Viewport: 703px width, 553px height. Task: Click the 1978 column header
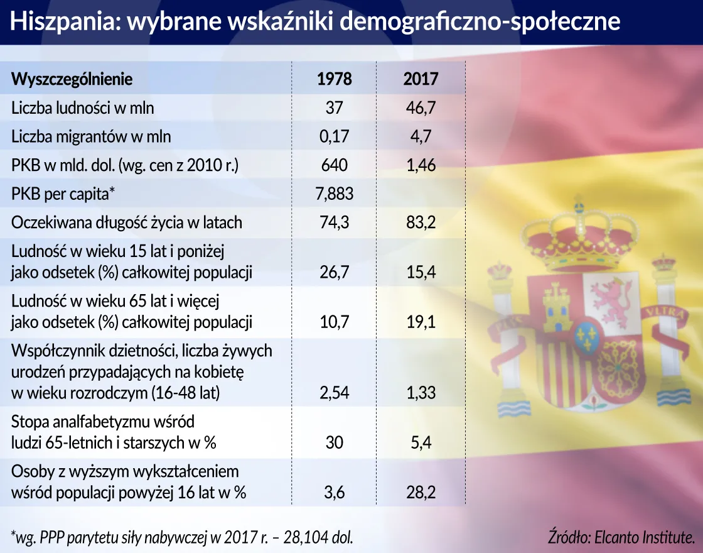(334, 79)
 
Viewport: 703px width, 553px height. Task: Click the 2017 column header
(421, 79)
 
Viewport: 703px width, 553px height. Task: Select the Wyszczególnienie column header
(72, 79)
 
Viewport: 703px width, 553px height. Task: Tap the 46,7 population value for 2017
(421, 108)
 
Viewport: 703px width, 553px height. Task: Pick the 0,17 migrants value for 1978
(334, 136)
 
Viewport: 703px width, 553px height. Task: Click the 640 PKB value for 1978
(334, 165)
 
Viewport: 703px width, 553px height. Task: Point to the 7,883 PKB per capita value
(334, 194)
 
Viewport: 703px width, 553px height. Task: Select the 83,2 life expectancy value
(421, 222)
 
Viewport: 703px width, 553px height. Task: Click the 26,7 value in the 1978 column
(334, 272)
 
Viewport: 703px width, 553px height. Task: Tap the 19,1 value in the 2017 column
(421, 322)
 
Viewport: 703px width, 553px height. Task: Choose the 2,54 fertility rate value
(334, 393)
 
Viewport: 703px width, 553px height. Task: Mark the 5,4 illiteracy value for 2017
(421, 442)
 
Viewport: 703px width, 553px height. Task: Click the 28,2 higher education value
(421, 493)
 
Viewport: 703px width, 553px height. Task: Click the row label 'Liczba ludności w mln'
(82, 108)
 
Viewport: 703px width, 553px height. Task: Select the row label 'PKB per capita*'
(63, 194)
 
